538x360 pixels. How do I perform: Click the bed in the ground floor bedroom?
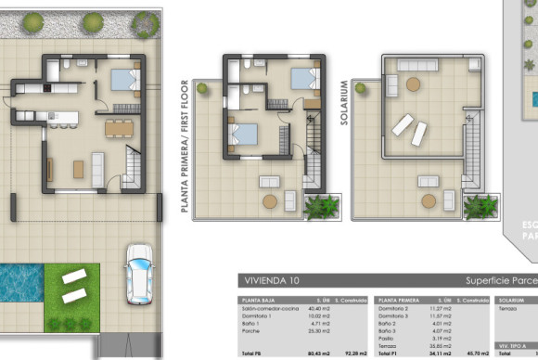click(125, 80)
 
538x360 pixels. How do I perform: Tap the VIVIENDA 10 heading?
click(270, 279)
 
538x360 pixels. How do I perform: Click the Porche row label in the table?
click(250, 330)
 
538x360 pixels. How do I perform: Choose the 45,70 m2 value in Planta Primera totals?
click(477, 354)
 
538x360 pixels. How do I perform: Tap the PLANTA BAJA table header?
click(257, 301)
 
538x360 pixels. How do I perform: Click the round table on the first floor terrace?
click(270, 200)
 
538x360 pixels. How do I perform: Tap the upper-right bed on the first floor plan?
click(303, 78)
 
